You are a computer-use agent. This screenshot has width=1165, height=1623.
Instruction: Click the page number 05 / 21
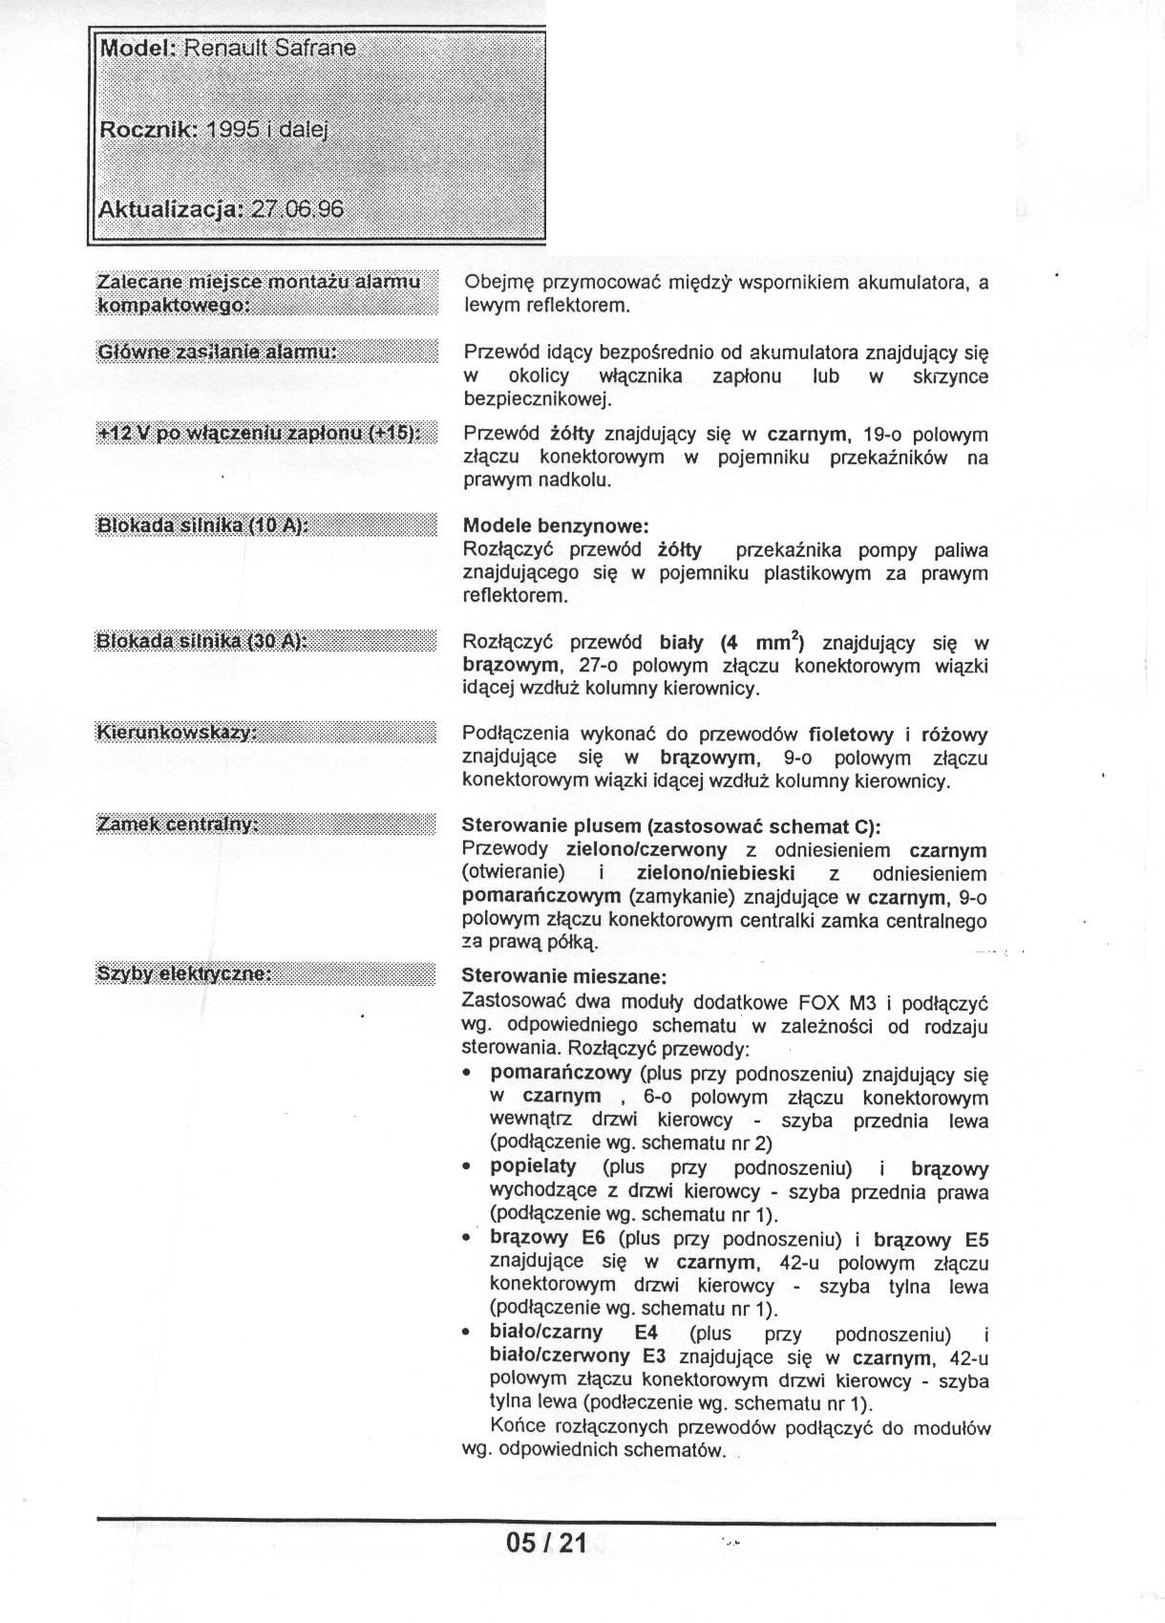point(546,1542)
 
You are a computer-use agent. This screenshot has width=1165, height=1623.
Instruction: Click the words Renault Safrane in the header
point(270,48)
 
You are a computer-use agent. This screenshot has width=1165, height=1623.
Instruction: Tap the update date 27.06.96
point(297,209)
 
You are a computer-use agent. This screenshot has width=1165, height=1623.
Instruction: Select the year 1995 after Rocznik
point(233,130)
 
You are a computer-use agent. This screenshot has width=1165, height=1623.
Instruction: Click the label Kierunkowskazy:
point(177,733)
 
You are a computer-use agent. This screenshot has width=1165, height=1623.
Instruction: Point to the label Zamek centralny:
point(179,823)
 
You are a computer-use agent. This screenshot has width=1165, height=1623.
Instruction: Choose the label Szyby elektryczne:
point(184,973)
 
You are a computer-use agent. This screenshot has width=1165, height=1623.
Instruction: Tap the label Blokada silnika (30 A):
point(201,641)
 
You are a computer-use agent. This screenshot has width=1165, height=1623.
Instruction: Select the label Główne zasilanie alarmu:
point(217,352)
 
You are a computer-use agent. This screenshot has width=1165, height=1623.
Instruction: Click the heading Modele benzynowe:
point(556,525)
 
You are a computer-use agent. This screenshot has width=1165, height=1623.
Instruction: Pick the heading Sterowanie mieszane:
point(563,977)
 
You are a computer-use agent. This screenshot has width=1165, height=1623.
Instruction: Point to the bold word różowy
point(954,735)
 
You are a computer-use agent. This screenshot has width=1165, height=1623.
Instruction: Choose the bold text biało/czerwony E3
point(578,1356)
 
